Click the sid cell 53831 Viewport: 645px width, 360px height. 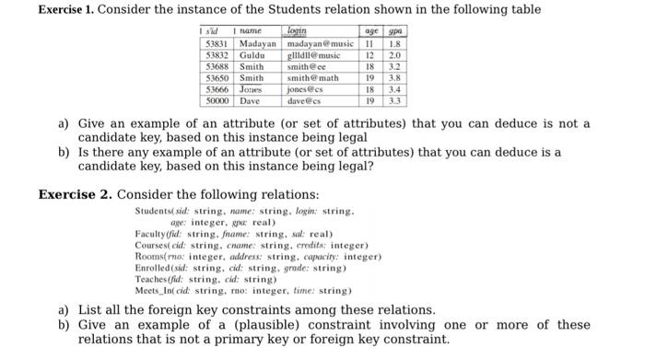(217, 44)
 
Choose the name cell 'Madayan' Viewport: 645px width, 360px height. (259, 44)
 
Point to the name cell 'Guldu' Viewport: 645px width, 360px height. (252, 55)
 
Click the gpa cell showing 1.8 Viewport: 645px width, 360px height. (396, 44)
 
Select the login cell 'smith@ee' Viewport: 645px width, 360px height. (307, 66)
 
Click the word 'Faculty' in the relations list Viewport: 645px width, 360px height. (150, 234)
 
